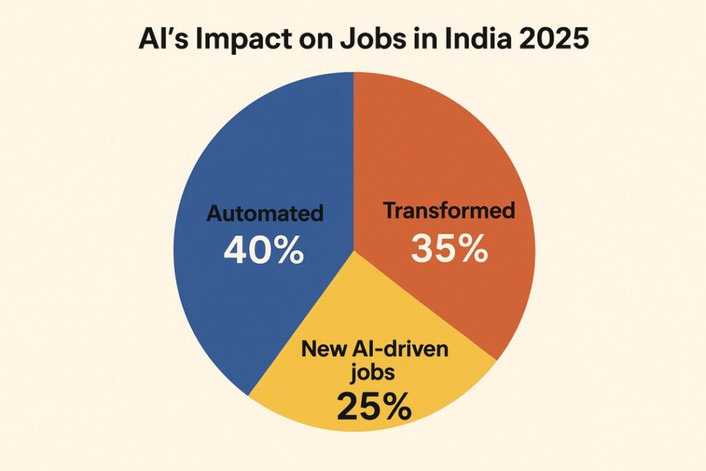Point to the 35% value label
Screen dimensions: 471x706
449,249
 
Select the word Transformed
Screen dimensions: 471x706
449,210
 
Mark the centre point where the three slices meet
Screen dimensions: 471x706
353,250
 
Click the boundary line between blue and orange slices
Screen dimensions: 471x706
353,159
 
